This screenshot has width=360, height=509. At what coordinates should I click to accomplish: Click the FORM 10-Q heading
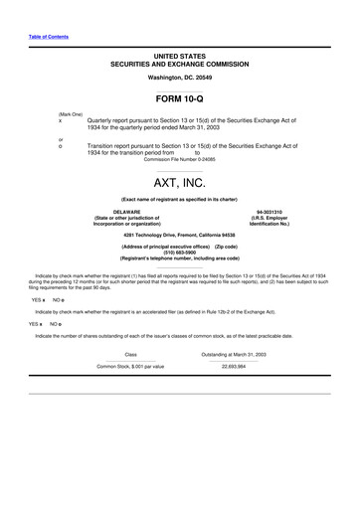(x=179, y=99)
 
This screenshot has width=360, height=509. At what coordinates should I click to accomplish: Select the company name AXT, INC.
(x=179, y=184)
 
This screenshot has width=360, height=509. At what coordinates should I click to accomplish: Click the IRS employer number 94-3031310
(x=270, y=212)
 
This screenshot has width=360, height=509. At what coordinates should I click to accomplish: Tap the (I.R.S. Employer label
(x=270, y=218)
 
